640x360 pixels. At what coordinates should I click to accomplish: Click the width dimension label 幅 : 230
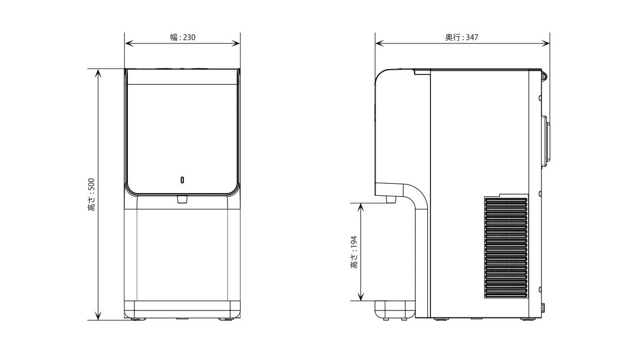coord(182,38)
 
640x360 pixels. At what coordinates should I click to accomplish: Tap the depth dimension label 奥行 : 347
coord(461,38)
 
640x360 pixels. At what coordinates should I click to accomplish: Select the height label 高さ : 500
coord(91,195)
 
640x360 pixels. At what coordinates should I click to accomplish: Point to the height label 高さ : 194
coord(354,252)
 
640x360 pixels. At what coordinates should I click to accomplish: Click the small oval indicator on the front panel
coord(182,180)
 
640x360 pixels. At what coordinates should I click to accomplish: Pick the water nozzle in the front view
coord(182,200)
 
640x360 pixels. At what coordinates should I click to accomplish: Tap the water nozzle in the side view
coord(391,200)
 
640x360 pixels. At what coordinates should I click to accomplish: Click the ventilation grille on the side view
coord(506,247)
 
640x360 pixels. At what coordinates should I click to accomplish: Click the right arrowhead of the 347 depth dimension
coord(546,43)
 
